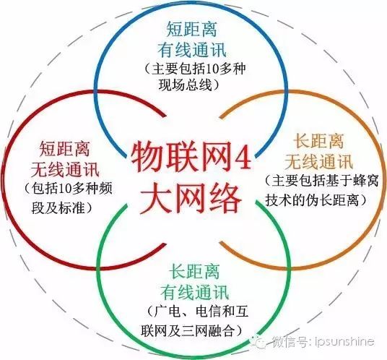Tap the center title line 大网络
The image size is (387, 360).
(191, 197)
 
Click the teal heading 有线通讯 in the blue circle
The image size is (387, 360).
(192, 49)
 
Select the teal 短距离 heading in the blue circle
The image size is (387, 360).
(192, 29)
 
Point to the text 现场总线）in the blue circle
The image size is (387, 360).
(189, 85)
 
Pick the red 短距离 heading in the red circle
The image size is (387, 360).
(65, 148)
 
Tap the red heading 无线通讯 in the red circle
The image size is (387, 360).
(65, 169)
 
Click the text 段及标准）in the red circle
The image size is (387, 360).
(61, 208)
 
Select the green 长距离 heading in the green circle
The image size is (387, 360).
(194, 271)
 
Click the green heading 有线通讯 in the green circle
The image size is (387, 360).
(194, 292)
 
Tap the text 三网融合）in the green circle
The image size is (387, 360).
(212, 331)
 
